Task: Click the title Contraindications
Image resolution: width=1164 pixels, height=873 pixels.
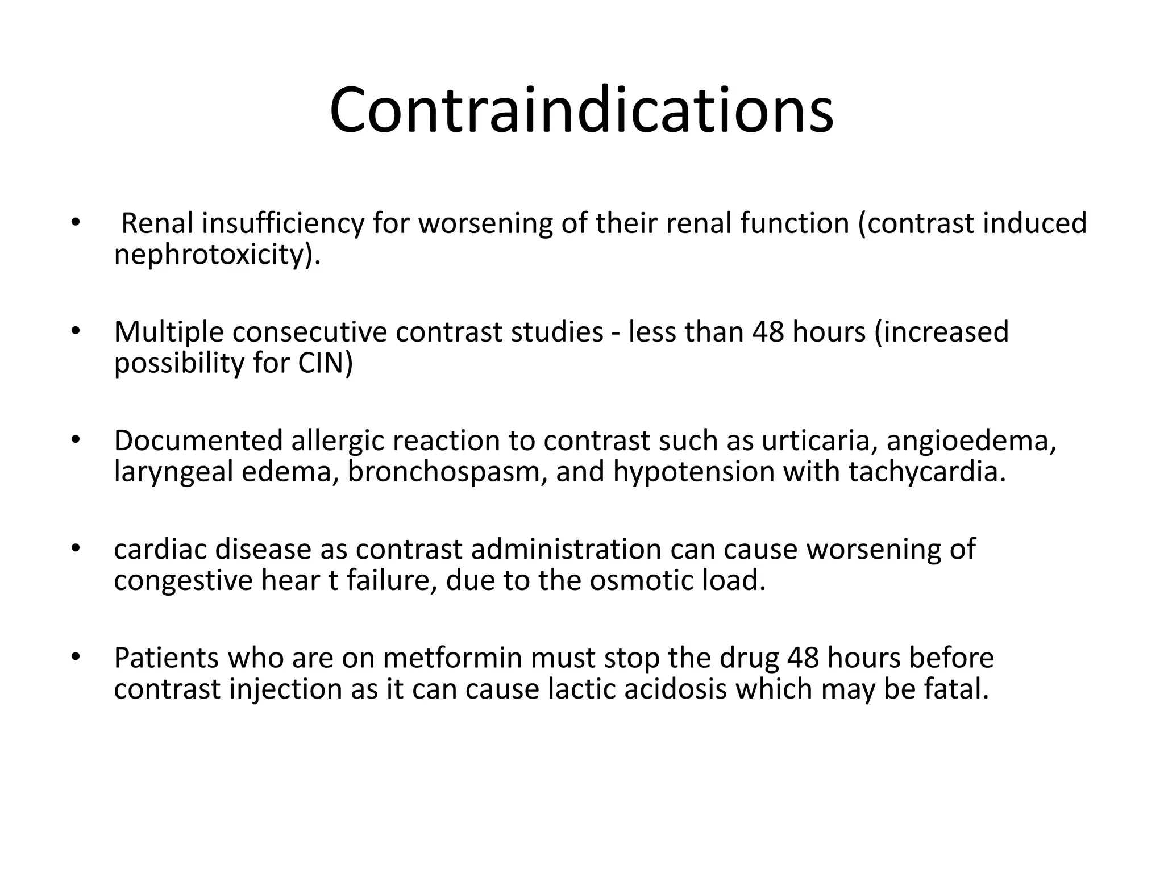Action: coord(581,110)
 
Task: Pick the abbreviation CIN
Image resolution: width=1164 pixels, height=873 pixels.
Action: coord(325,363)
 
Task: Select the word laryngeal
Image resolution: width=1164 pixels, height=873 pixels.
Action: coord(173,472)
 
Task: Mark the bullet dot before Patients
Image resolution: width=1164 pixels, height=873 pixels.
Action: coord(74,658)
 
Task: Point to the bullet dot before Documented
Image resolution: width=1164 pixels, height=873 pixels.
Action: coord(74,440)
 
